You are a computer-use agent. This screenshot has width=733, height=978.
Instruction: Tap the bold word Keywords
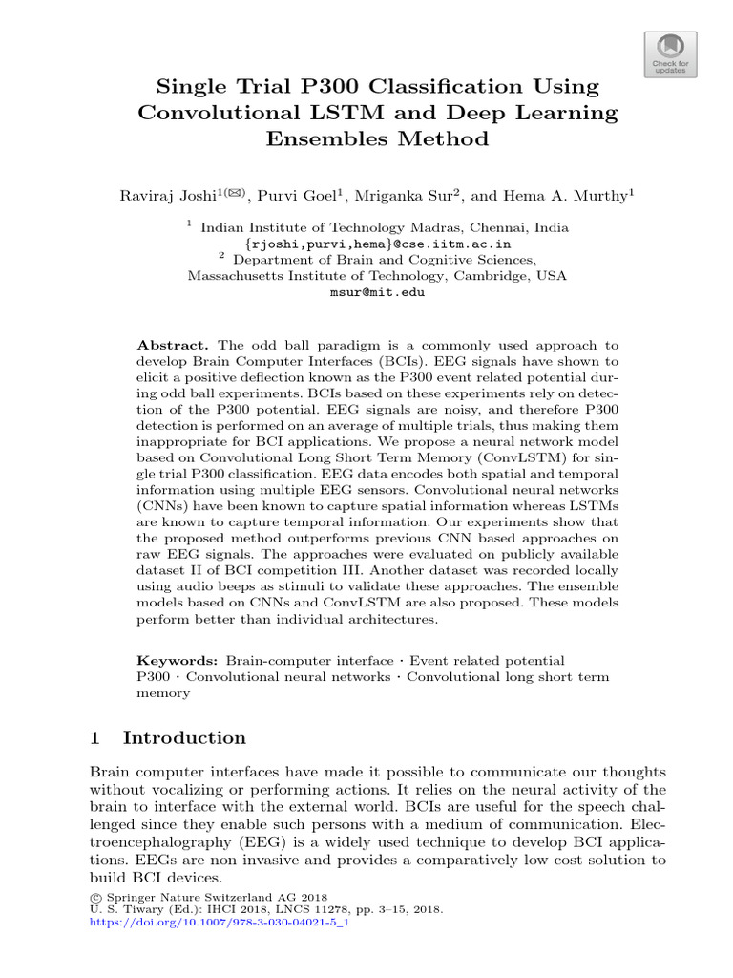click(x=177, y=661)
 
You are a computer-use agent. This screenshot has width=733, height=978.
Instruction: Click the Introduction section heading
click(x=184, y=738)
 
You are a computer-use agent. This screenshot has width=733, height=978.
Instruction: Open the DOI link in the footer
click(x=219, y=925)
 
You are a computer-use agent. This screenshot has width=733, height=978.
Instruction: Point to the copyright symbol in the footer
click(x=94, y=898)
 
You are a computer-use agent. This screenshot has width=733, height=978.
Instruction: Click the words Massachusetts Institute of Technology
click(x=315, y=276)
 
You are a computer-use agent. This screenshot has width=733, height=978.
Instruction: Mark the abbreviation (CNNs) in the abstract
click(x=162, y=507)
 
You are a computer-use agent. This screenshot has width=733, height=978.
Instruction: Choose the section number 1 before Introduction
click(x=94, y=738)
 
